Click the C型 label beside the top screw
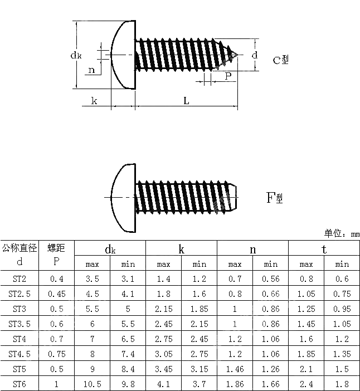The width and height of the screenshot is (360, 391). point(280,60)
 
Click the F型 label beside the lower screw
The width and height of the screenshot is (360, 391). point(274,198)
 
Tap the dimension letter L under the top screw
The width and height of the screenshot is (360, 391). point(186,101)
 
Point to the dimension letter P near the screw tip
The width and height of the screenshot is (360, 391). point(228,76)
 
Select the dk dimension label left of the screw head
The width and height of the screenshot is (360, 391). point(77,55)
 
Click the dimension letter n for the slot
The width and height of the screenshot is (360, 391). point(91,70)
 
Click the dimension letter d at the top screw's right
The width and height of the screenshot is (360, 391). point(254,55)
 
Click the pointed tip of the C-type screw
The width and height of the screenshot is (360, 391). point(238,55)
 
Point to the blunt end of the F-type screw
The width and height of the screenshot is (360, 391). point(237,197)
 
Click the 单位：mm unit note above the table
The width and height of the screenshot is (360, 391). point(342,233)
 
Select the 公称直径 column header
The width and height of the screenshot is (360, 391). point(20,248)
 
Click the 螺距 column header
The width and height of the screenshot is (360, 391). point(56,248)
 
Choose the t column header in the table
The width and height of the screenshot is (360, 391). point(324,249)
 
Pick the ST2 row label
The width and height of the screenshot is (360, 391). point(20,278)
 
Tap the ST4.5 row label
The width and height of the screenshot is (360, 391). point(20,354)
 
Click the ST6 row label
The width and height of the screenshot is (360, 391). point(20,384)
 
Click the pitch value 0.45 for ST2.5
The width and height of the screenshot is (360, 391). point(56,294)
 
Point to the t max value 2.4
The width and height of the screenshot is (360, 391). point(306,384)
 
